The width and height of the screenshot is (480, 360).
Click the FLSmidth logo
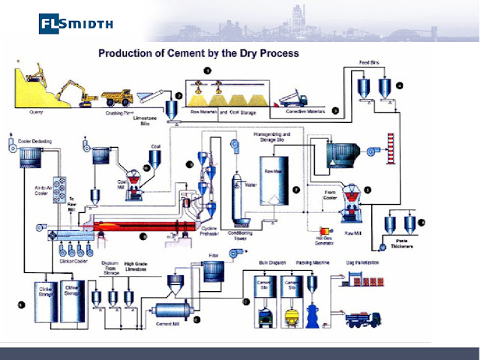point(76,23)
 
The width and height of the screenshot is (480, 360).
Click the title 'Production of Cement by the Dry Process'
point(199,53)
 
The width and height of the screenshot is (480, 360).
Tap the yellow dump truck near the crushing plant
point(118,96)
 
